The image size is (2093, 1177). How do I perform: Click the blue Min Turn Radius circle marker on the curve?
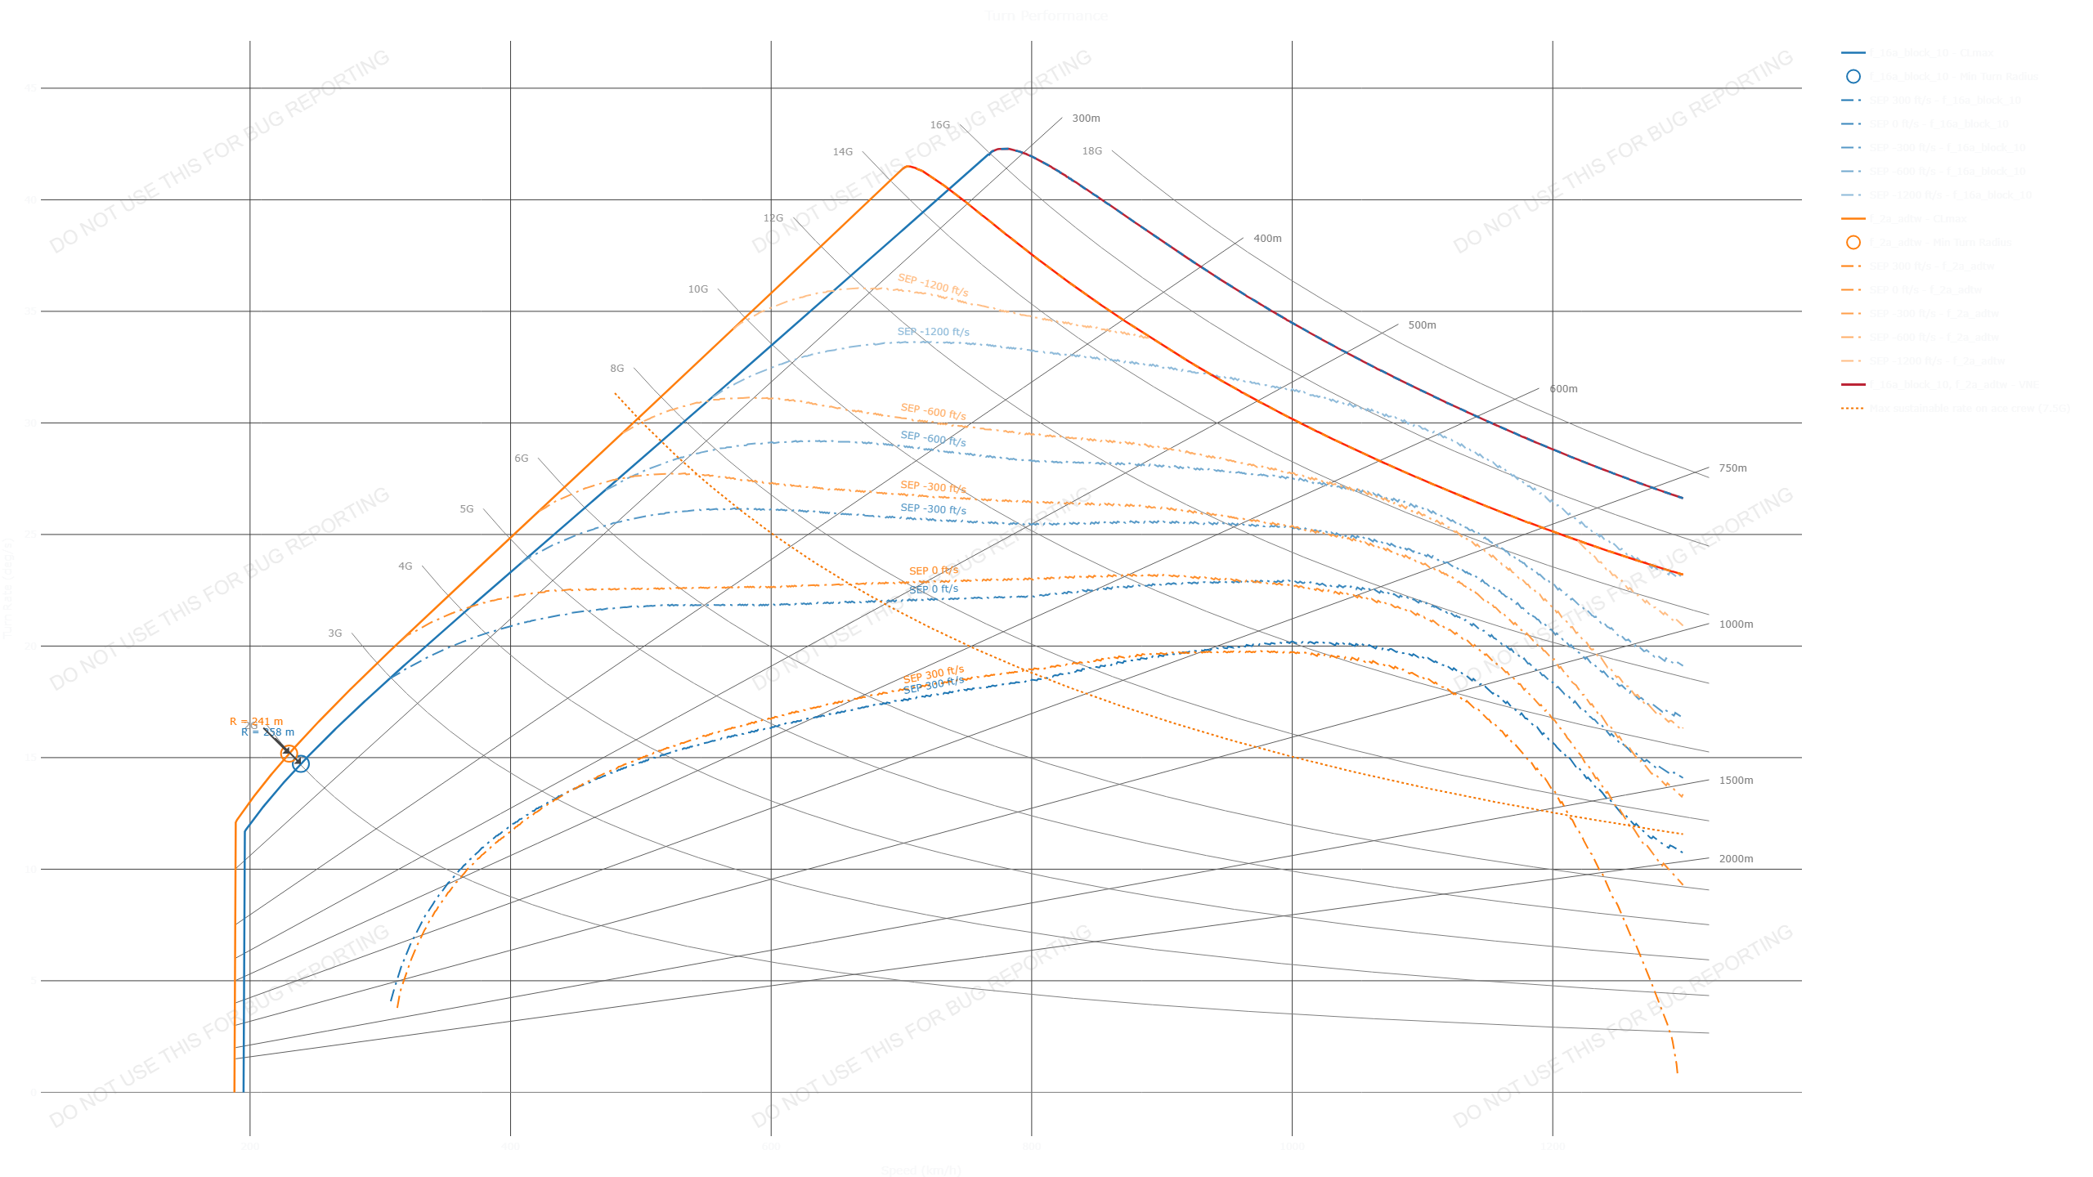point(301,763)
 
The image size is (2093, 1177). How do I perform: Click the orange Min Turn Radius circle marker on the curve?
point(289,754)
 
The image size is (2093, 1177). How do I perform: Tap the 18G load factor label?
point(1091,151)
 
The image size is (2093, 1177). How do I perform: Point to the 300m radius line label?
point(1086,119)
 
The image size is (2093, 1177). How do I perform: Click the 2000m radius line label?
point(1736,859)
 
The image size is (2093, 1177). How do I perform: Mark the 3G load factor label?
point(335,633)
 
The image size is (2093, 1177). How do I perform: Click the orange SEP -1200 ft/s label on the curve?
point(933,285)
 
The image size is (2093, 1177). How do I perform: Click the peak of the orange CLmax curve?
point(907,166)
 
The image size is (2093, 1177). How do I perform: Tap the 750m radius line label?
point(1732,468)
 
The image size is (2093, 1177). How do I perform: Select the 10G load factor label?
point(697,289)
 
